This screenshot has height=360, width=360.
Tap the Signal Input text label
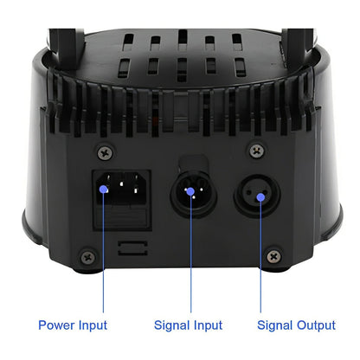(x=188, y=325)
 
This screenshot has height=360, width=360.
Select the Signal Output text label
(x=296, y=325)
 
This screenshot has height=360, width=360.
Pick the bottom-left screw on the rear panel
(x=87, y=256)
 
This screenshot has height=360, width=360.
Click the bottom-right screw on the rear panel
(x=273, y=256)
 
